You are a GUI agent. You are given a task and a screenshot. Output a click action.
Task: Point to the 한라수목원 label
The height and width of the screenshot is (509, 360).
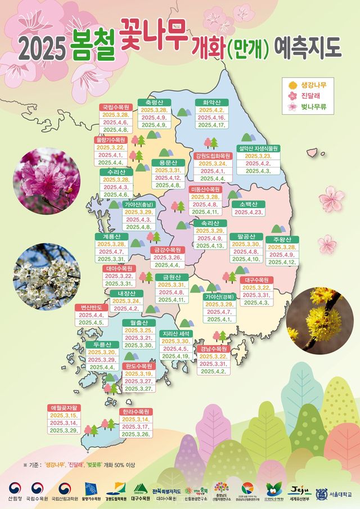[136, 411]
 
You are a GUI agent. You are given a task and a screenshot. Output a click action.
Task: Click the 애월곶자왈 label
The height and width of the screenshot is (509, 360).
[65, 407]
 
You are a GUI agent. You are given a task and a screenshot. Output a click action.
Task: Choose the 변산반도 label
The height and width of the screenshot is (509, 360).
[91, 308]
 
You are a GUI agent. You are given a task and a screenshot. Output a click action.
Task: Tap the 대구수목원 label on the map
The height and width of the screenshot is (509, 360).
[256, 280]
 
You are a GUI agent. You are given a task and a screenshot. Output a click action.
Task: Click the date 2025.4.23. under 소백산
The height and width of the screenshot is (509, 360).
[248, 213]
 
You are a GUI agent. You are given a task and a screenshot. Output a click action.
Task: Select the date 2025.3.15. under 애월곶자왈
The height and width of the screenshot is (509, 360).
[64, 416]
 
